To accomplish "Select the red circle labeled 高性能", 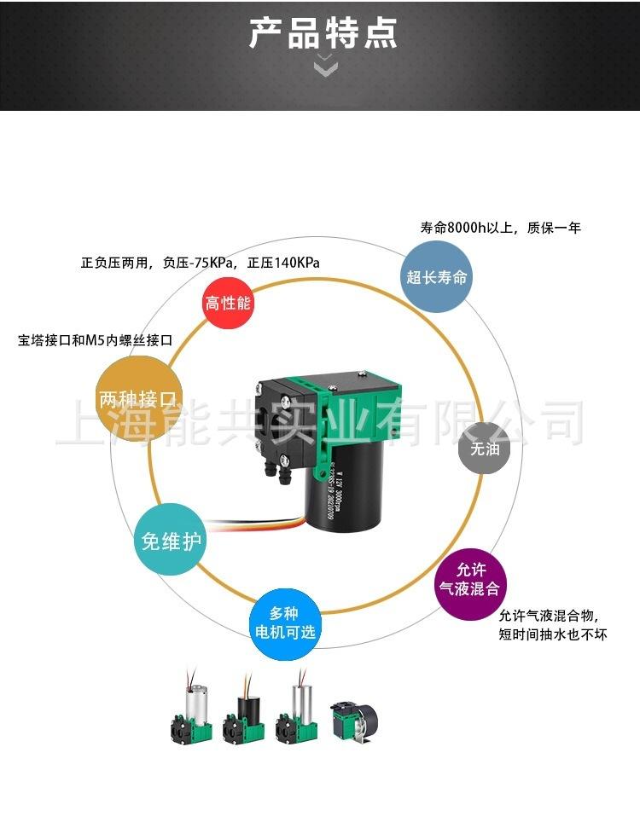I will point(229,303).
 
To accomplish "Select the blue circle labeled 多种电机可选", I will point(285,622).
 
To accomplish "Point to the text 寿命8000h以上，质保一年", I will point(500,229).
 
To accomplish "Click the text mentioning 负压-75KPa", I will point(201,263).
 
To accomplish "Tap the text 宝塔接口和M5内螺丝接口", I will point(96,340).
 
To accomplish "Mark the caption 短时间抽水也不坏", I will point(553,635).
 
